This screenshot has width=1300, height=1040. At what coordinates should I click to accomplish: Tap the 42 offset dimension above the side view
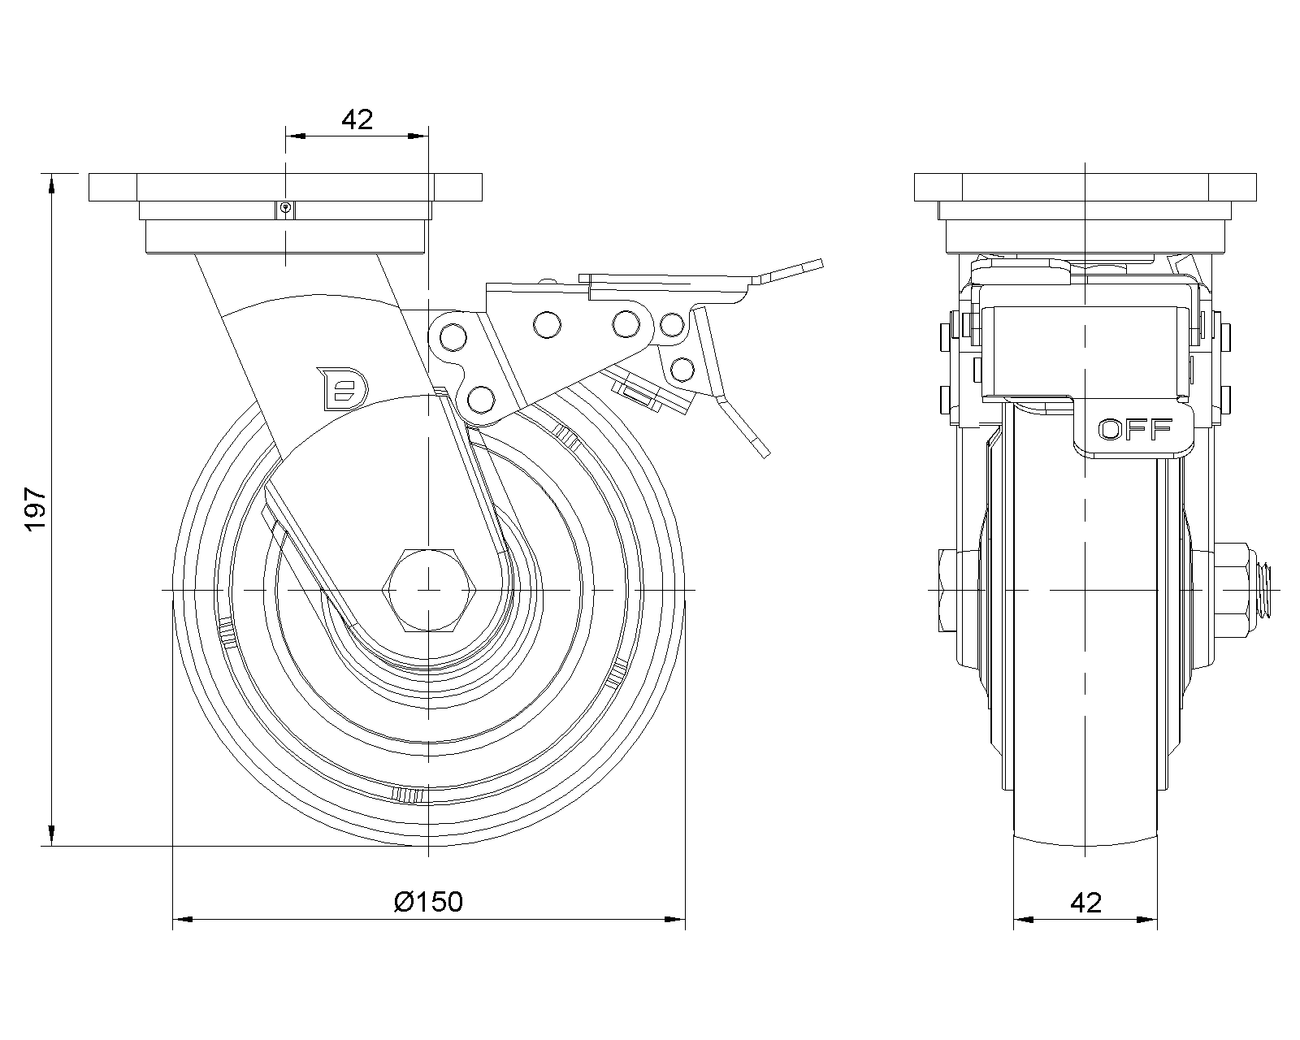pyautogui.click(x=357, y=119)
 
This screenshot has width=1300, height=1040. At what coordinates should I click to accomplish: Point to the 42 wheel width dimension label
pyautogui.click(x=1085, y=902)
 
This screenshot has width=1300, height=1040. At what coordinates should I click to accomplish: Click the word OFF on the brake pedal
pyautogui.click(x=1135, y=429)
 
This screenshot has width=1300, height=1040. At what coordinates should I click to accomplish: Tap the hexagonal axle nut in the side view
pyautogui.click(x=427, y=589)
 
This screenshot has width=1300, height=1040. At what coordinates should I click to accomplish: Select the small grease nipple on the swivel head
pyautogui.click(x=285, y=209)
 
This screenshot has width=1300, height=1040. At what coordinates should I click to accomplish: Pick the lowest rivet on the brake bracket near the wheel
pyautogui.click(x=481, y=398)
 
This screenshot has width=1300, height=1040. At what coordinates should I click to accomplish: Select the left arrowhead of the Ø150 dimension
pyautogui.click(x=182, y=920)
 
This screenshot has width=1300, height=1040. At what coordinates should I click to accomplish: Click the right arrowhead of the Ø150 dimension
pyautogui.click(x=677, y=920)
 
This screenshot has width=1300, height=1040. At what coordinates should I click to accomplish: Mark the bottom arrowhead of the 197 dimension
pyautogui.click(x=52, y=836)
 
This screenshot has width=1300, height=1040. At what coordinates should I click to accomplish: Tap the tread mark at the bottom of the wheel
pyautogui.click(x=408, y=795)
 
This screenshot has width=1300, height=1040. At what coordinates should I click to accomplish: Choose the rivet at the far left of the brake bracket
pyautogui.click(x=449, y=336)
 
